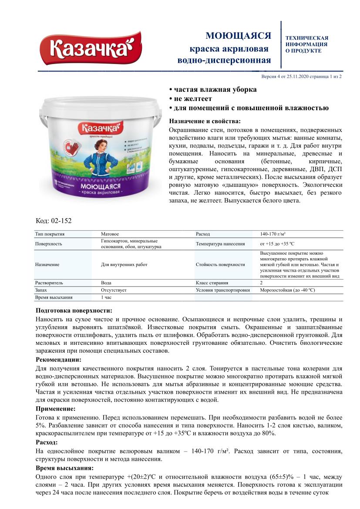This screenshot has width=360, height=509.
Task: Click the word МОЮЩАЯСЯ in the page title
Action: [238, 36]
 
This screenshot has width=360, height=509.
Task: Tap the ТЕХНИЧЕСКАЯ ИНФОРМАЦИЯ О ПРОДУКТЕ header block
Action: [307, 44]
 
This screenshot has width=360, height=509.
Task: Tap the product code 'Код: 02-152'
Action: [54, 221]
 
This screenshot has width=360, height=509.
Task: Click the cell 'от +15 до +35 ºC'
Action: [280, 244]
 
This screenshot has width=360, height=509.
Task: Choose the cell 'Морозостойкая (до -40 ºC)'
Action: [287, 290]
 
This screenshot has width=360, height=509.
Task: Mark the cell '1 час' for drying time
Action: [106, 297]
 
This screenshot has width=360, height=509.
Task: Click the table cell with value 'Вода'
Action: [106, 283]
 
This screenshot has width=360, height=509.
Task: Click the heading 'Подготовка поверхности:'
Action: [74, 310]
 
